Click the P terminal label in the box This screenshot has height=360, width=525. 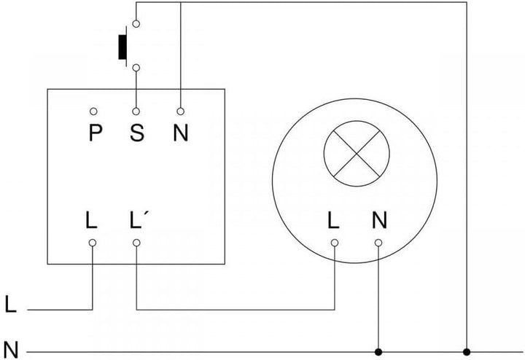(x=93, y=133)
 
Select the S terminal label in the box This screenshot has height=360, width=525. (x=136, y=133)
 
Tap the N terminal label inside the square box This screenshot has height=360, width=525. (x=180, y=133)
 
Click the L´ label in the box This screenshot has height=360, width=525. (x=139, y=219)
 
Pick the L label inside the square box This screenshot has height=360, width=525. (x=91, y=219)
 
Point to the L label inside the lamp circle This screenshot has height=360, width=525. (x=334, y=219)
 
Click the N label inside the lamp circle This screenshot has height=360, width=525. (x=378, y=219)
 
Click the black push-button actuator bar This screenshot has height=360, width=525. (x=122, y=44)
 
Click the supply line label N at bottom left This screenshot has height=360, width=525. (x=10, y=348)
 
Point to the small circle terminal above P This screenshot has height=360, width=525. (x=93, y=111)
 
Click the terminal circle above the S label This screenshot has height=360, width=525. (x=136, y=111)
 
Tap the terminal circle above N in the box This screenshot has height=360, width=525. (x=180, y=111)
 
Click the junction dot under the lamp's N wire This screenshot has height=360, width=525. (x=378, y=352)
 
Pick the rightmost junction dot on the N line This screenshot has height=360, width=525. (x=467, y=352)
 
